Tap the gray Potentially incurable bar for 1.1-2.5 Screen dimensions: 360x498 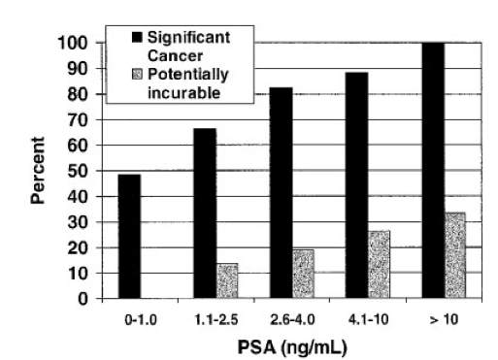[x=227, y=281]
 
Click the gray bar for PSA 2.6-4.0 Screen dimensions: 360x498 [x=303, y=274]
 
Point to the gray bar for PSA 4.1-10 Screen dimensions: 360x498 [x=379, y=265]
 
